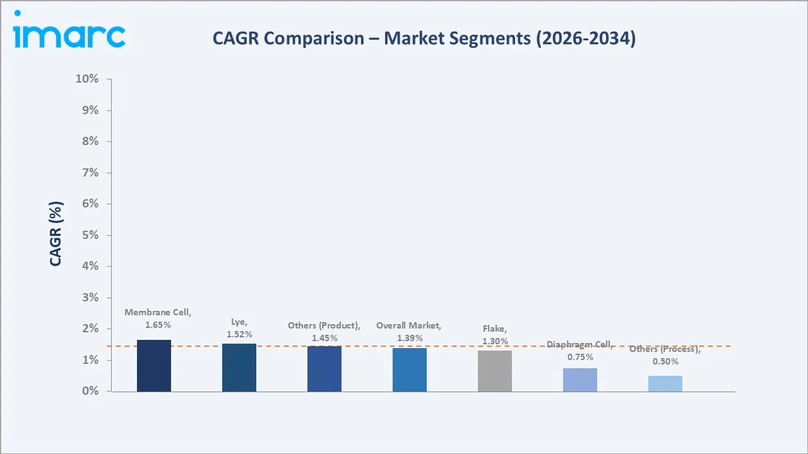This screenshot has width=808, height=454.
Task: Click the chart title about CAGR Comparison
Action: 424,38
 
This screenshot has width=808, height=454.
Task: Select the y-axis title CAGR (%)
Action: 56,235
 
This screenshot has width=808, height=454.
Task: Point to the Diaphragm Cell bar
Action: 580,380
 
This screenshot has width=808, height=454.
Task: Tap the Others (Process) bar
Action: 665,383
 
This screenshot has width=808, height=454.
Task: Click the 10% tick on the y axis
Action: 87,79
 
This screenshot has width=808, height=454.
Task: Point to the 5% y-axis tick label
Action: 90,235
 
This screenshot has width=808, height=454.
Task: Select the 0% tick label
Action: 90,391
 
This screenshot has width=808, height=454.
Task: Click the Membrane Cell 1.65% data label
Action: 158,318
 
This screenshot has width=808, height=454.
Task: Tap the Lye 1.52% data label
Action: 239,328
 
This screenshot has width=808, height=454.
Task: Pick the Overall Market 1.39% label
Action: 409,332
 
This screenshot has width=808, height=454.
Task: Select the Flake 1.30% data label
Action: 495,335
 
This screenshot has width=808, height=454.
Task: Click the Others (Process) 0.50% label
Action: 665,355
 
